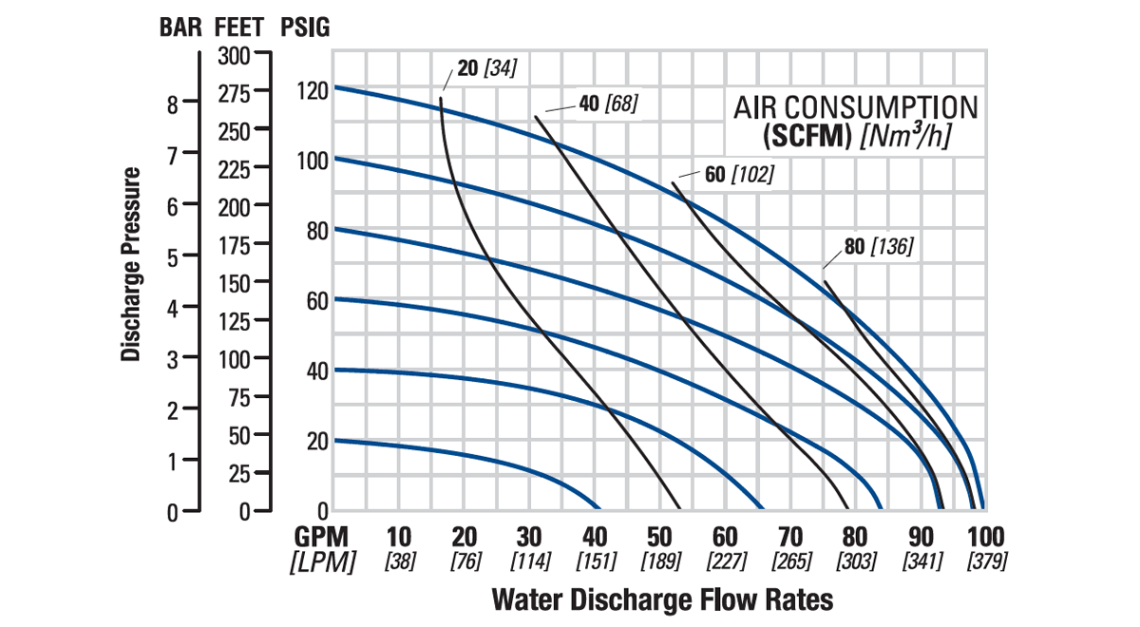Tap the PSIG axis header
[x=305, y=28]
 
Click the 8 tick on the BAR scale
[x=173, y=104]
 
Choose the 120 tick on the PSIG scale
[x=312, y=92]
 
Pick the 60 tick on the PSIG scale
[x=315, y=301]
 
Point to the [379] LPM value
[x=986, y=561]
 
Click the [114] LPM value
[x=530, y=561]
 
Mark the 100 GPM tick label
[x=984, y=537]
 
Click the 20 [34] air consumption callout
[x=485, y=69]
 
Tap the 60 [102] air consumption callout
[x=738, y=175]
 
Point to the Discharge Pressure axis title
[x=132, y=265]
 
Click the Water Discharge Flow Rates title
[x=662, y=600]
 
